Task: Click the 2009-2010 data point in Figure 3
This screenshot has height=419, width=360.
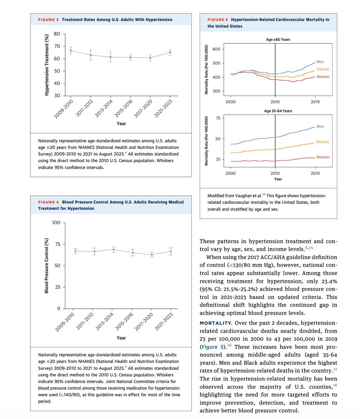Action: (71, 51)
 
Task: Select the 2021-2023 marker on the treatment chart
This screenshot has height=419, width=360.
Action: (170, 53)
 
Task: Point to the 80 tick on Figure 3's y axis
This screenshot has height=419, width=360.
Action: (57, 34)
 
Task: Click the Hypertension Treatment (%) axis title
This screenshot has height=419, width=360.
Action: (46, 65)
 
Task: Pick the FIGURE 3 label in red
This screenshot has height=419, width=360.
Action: (48, 20)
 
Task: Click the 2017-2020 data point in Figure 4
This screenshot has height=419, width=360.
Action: (151, 255)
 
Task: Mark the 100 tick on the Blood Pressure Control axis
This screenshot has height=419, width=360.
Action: (56, 223)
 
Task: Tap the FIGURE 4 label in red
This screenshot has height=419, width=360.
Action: (48, 202)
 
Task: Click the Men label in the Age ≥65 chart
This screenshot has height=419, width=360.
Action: (320, 62)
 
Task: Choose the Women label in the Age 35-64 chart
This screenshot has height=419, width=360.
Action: (323, 157)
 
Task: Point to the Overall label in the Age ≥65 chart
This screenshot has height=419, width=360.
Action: (322, 69)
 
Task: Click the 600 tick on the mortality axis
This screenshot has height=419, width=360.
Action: (216, 49)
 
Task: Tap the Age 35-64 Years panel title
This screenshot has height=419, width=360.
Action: (278, 111)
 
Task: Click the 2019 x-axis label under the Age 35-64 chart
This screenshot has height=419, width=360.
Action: (315, 173)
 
